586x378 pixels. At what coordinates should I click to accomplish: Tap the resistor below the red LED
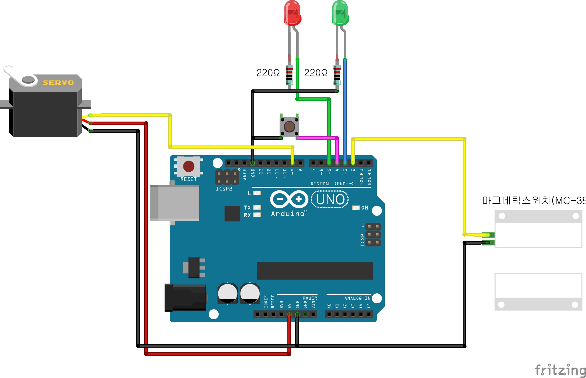coord(289,75)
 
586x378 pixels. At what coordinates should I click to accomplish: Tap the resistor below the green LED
coord(337,75)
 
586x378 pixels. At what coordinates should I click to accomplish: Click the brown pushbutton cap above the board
coord(289,127)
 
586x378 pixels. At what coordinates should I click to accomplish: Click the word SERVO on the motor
coord(58,83)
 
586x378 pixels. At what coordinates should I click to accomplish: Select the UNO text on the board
coord(330,199)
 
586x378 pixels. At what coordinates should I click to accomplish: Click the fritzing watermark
coord(560,370)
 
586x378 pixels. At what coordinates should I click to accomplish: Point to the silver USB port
coord(175,203)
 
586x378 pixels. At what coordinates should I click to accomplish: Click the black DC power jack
coord(185,297)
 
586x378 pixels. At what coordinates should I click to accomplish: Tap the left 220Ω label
coord(268,73)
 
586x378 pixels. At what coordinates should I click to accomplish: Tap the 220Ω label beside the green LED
coord(316,73)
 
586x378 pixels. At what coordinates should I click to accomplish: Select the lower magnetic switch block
coord(538,292)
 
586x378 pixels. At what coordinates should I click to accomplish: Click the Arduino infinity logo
coord(289,199)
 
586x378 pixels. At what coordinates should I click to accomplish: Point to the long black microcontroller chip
coord(315,271)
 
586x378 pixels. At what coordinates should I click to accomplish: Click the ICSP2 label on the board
coord(224,189)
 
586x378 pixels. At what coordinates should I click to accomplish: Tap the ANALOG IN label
coord(357,298)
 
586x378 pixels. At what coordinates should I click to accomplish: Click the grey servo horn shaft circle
coord(28,79)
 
